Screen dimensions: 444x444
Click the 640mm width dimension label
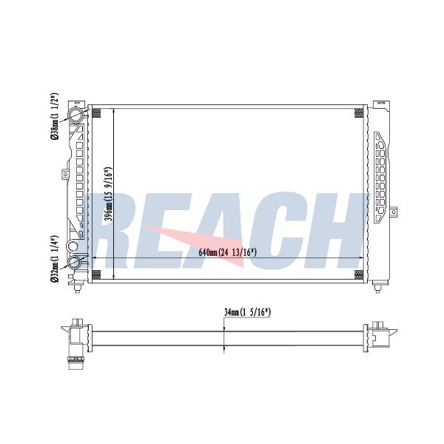[227, 252]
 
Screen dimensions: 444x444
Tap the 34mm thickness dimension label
[247, 312]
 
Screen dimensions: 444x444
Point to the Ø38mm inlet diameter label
[54, 116]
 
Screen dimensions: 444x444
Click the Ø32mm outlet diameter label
[54, 259]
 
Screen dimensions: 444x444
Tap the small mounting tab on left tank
[65, 174]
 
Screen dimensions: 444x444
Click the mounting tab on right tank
[393, 212]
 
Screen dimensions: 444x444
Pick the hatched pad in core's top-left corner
[96, 112]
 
